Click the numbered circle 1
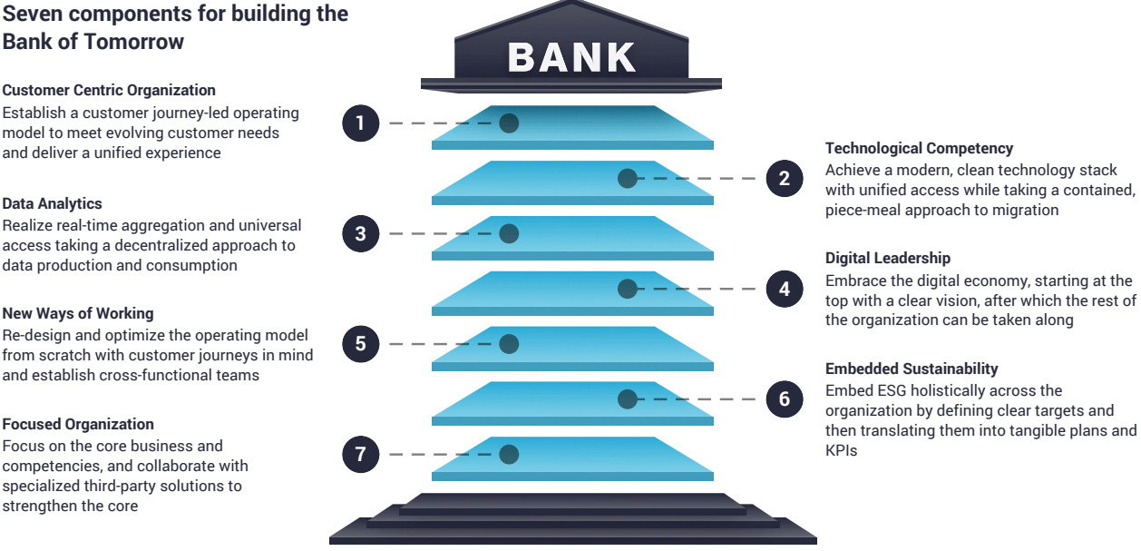pyautogui.click(x=360, y=123)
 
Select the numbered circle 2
pyautogui.click(x=784, y=179)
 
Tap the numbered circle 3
pyautogui.click(x=360, y=234)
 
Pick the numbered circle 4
pyautogui.click(x=784, y=290)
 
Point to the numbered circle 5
pyautogui.click(x=360, y=344)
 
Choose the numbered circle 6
pyautogui.click(x=784, y=399)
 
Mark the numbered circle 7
pyautogui.click(x=360, y=455)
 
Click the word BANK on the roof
pyautogui.click(x=571, y=57)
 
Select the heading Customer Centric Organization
pyautogui.click(x=109, y=91)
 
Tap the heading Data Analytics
pyautogui.click(x=52, y=203)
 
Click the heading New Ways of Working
pyautogui.click(x=78, y=314)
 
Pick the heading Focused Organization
pyautogui.click(x=78, y=424)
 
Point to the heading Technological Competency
pyautogui.click(x=919, y=148)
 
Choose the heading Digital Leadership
pyautogui.click(x=888, y=259)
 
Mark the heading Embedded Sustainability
pyautogui.click(x=912, y=369)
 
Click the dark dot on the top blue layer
pyautogui.click(x=509, y=123)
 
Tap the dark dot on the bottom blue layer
pyautogui.click(x=509, y=454)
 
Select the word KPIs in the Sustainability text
pyautogui.click(x=841, y=448)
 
